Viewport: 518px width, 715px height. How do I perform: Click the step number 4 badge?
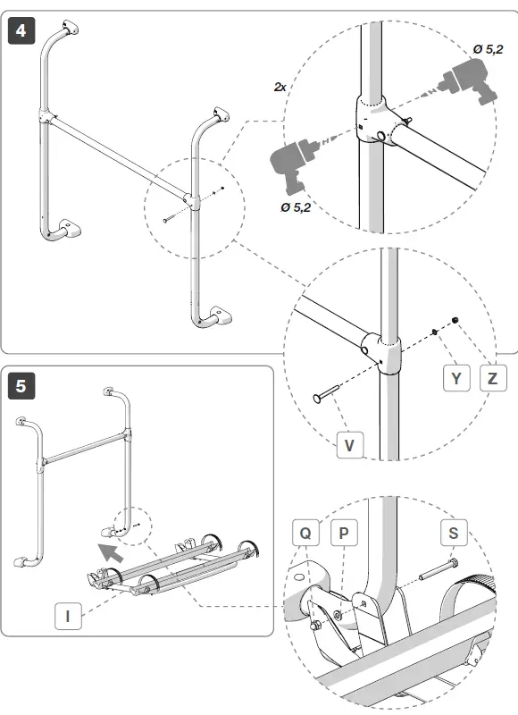(x=21, y=30)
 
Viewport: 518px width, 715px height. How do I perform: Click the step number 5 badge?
(x=21, y=386)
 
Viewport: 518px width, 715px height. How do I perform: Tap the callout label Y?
(x=456, y=378)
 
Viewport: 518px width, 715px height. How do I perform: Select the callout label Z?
(x=493, y=378)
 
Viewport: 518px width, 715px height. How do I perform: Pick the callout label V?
(x=350, y=444)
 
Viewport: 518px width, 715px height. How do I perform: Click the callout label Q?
(x=305, y=532)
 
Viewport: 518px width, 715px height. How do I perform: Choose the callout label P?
(x=344, y=532)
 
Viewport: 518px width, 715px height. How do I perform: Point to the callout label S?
(x=454, y=532)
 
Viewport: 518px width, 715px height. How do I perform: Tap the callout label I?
(x=68, y=616)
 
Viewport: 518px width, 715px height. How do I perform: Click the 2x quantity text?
(x=280, y=87)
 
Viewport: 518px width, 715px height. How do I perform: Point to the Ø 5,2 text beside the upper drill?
(x=488, y=49)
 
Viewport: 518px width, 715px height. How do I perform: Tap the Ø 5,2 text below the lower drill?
(x=296, y=207)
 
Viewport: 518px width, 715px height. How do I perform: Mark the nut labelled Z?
(x=455, y=321)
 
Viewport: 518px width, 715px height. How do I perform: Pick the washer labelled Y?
(x=435, y=332)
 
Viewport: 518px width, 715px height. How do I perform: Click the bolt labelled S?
(x=439, y=570)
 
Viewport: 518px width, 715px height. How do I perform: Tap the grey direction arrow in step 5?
(x=111, y=552)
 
